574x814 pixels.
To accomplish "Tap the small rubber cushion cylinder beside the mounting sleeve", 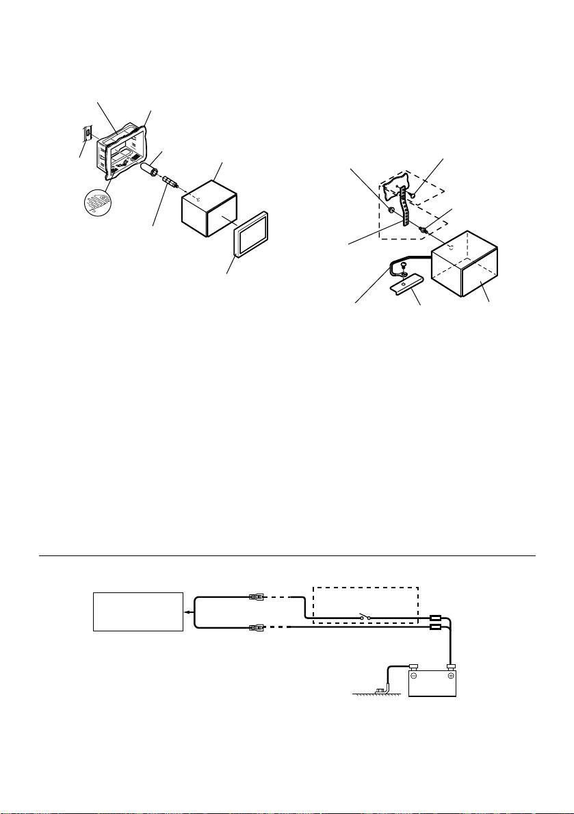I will pyautogui.click(x=149, y=169).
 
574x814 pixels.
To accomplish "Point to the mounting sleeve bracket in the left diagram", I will pyautogui.click(x=123, y=146).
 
